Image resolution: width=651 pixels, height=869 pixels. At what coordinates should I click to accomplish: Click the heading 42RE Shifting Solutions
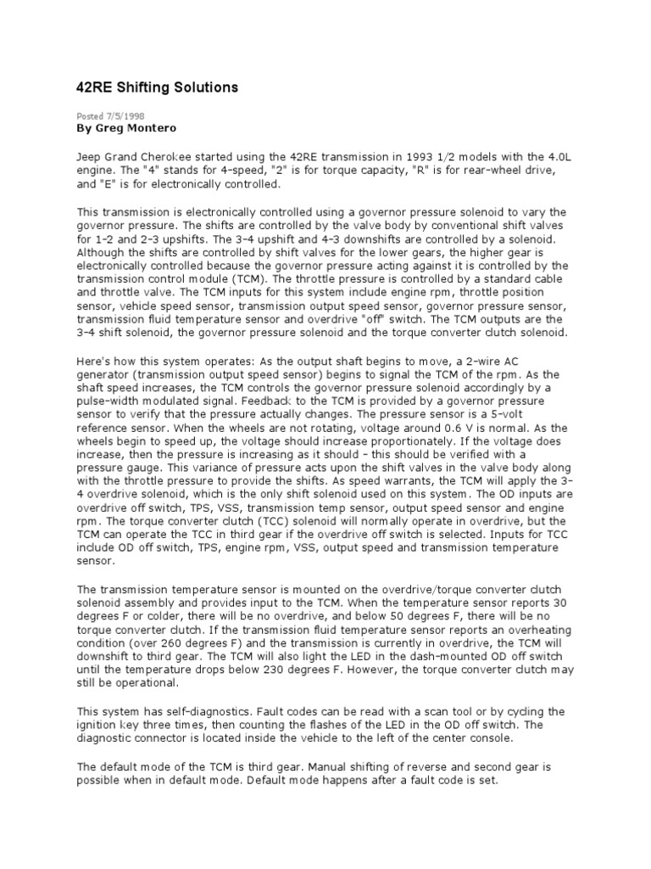pos(159,87)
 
